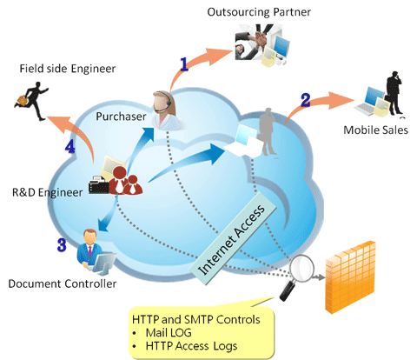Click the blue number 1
pos(184,64)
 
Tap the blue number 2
pos(306,100)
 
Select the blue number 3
pos(62,245)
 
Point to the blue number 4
pos(69,146)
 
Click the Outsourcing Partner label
pos(259,12)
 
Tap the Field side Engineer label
pos(68,69)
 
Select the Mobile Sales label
pos(375,130)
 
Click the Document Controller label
pos(63,283)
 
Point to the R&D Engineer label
pos(47,192)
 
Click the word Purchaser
pos(121,117)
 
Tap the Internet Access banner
pos(233,238)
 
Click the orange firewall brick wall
pos(350,277)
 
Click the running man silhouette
pos(32,100)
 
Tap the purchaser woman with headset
pos(165,110)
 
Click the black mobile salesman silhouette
pos(394,93)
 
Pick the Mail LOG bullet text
pos(169,333)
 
